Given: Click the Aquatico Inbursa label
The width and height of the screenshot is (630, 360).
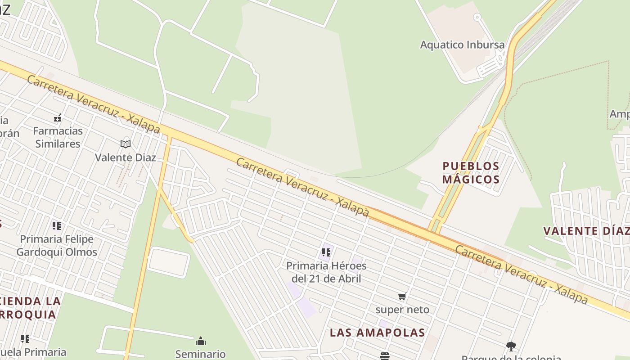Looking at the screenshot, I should coord(462,45).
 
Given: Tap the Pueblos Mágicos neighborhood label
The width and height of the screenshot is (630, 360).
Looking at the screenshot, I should coord(471,173).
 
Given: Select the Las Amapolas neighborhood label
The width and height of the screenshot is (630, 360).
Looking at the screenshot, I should coord(377,333).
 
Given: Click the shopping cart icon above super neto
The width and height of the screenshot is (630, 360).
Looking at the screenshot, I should coord(402,296).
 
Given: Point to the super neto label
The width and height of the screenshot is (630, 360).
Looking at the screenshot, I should coord(402,310).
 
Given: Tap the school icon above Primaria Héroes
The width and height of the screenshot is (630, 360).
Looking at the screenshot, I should coord(326,252).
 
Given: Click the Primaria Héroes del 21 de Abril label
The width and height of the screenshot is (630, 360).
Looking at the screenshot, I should coord(326,272).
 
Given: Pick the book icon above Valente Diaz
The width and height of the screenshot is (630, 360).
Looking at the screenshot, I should coord(126,144).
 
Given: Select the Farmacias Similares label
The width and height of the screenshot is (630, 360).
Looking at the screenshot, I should coord(58,137).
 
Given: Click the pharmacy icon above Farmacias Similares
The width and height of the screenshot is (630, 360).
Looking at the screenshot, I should coord(58,118).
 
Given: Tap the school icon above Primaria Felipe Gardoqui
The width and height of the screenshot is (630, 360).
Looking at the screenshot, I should coord(56,225).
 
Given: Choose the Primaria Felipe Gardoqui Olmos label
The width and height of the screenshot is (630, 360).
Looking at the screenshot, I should coord(57,245).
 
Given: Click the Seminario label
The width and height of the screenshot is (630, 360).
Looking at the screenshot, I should coord(200,354).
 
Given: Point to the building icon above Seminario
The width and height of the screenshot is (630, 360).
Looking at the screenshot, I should coord(201,341).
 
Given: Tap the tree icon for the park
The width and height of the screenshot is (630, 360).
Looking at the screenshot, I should coord(511,346).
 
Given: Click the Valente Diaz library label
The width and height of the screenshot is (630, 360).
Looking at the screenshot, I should coord(126,157).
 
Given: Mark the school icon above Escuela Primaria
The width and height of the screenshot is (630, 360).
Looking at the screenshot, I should coord(25,338).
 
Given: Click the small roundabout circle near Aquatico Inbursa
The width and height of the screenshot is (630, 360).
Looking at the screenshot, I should coord(477,18).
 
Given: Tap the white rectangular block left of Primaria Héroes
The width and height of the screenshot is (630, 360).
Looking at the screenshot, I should coord(168,262).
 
